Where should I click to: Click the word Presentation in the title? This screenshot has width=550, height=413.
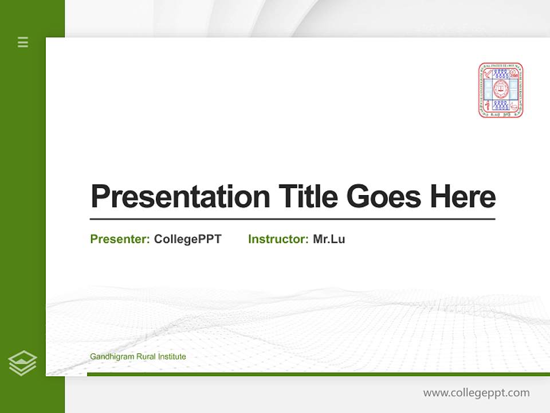[180, 197]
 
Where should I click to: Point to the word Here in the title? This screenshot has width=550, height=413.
[462, 197]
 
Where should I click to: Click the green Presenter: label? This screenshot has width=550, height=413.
[120, 239]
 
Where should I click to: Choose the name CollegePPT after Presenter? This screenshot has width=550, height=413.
[187, 239]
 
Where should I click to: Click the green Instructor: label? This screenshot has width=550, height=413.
[278, 239]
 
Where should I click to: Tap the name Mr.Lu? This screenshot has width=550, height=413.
[329, 239]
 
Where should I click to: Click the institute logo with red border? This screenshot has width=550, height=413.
[501, 90]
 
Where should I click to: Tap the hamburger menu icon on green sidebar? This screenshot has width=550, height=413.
[23, 42]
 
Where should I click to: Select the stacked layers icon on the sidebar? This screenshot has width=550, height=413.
[22, 363]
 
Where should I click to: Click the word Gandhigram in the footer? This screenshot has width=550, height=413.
[112, 357]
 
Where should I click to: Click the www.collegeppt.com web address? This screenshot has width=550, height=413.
[476, 393]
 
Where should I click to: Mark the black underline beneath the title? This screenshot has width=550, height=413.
[292, 219]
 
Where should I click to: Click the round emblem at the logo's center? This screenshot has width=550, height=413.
[501, 89]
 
